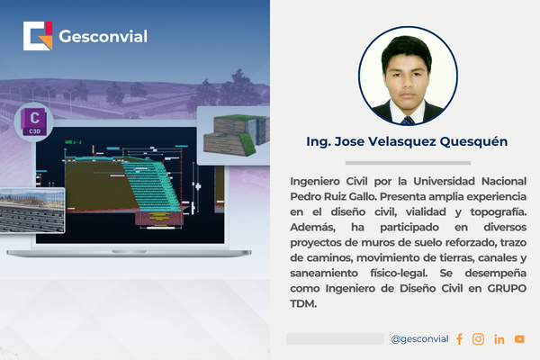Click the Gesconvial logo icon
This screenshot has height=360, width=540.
click(38, 37)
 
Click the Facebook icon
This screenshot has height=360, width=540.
click(459, 339)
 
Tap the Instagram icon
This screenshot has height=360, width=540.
click(478, 339)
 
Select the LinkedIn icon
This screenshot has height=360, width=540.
click(499, 339)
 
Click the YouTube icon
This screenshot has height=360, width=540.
click(519, 339)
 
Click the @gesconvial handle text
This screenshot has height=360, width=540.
click(419, 339)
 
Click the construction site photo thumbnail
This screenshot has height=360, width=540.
click(31, 212)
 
